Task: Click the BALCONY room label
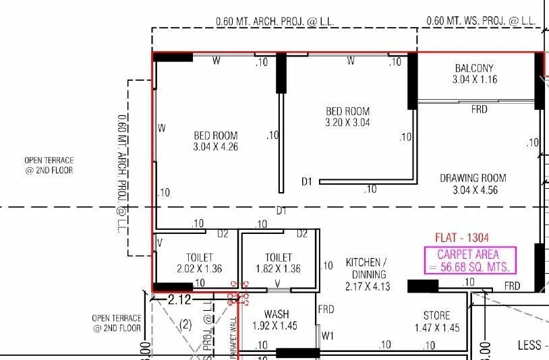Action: pyautogui.click(x=473, y=68)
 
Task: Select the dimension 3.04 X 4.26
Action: pyautogui.click(x=215, y=146)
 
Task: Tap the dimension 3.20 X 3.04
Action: pyautogui.click(x=347, y=123)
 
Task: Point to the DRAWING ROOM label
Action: pyautogui.click(x=473, y=178)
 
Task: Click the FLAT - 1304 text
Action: pyautogui.click(x=462, y=237)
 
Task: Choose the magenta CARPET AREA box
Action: pyautogui.click(x=469, y=260)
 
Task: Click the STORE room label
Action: pyautogui.click(x=436, y=316)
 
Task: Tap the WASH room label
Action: pyautogui.click(x=277, y=314)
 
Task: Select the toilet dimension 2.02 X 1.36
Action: pyautogui.click(x=200, y=268)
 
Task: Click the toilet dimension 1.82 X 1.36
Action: pyautogui.click(x=278, y=268)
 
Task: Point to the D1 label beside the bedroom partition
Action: pyautogui.click(x=307, y=181)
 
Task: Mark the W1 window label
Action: pyautogui.click(x=328, y=335)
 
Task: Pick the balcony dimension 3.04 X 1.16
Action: pyautogui.click(x=473, y=79)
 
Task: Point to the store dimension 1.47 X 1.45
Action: pyautogui.click(x=436, y=328)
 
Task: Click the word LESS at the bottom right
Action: pyautogui.click(x=529, y=345)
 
